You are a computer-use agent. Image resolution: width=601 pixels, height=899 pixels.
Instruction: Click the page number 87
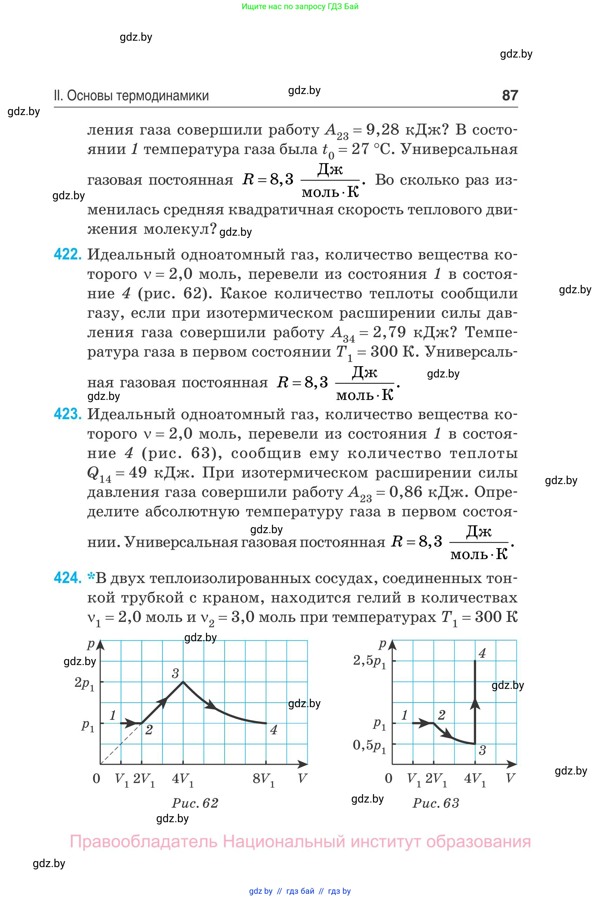(x=510, y=95)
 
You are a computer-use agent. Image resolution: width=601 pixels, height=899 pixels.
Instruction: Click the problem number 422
(x=67, y=254)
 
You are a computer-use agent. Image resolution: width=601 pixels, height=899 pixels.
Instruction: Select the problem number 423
(x=67, y=414)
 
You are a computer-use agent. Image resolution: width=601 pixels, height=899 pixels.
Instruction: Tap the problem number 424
(x=67, y=577)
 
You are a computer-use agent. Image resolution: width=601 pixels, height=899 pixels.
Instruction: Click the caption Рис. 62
(x=195, y=803)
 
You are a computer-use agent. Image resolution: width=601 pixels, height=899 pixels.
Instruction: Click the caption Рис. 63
(x=436, y=803)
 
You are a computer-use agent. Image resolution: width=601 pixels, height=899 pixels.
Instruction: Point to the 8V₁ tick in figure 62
(x=263, y=779)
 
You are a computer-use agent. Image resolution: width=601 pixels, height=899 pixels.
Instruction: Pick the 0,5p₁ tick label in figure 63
(x=369, y=745)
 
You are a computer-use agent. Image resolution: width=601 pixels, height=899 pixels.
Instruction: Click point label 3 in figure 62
(x=175, y=673)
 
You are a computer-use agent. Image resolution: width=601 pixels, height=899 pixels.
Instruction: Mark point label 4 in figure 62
(x=273, y=730)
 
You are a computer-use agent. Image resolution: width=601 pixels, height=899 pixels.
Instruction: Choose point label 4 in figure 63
(x=482, y=653)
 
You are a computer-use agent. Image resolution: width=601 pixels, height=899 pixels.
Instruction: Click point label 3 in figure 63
(x=482, y=750)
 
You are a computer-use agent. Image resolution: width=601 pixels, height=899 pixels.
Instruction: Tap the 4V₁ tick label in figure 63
(x=475, y=779)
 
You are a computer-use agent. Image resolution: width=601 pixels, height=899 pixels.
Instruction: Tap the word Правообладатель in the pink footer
(x=144, y=841)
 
